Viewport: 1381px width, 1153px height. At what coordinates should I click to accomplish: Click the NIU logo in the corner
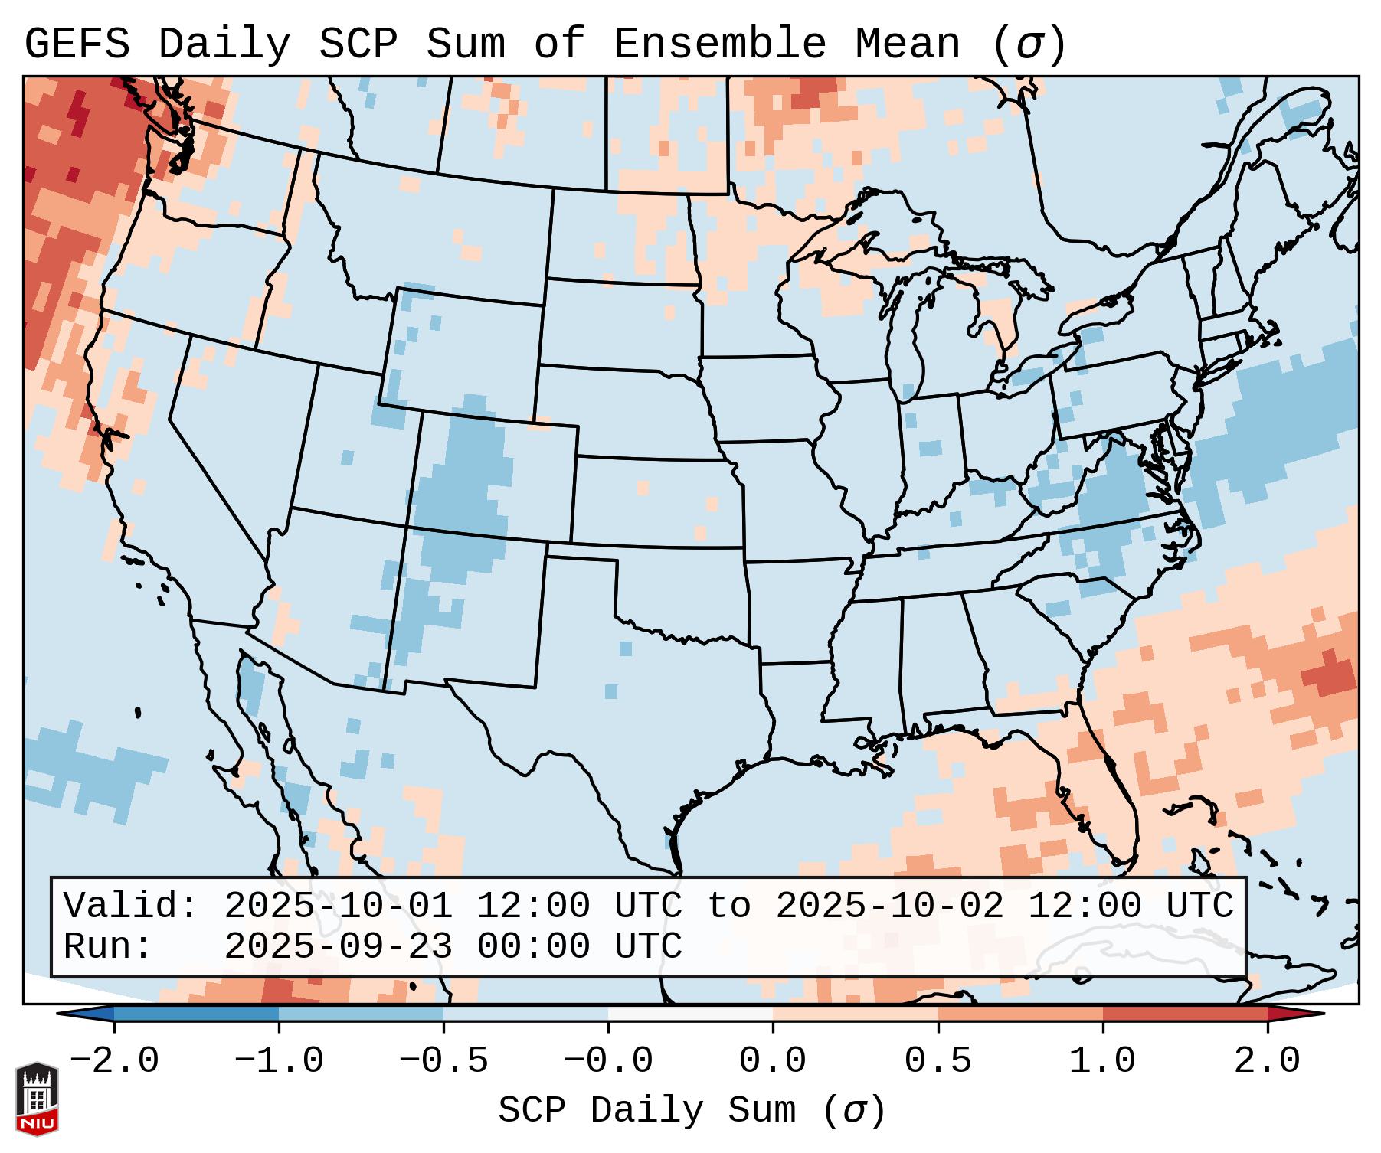click(x=37, y=1099)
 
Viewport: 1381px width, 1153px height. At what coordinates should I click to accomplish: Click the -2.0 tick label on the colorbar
click(x=114, y=1061)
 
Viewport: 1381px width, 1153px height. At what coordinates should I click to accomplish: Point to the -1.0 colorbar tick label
click(x=279, y=1061)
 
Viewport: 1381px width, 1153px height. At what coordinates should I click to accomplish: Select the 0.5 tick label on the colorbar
click(x=938, y=1061)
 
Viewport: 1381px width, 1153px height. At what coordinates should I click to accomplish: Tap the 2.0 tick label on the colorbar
click(x=1267, y=1061)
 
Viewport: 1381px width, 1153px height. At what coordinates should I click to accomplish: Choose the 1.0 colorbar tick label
click(x=1102, y=1061)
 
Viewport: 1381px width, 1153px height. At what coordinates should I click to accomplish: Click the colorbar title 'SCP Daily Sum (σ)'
click(x=692, y=1111)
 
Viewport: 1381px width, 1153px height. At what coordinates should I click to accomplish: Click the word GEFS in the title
click(x=77, y=44)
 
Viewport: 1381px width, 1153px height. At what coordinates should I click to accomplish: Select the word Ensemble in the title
click(x=720, y=44)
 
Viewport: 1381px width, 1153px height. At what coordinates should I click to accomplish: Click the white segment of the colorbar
click(x=690, y=1014)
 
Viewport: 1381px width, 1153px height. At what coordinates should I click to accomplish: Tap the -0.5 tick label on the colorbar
click(x=443, y=1061)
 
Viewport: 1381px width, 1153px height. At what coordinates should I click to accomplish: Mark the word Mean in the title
click(x=908, y=44)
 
